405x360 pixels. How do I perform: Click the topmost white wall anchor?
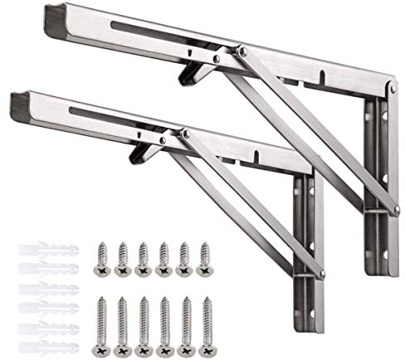click(x=46, y=249)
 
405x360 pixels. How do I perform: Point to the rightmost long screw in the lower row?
click(x=205, y=319)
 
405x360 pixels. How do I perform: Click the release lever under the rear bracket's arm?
click(x=193, y=71)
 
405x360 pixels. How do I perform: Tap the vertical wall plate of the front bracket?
click(x=309, y=249)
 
